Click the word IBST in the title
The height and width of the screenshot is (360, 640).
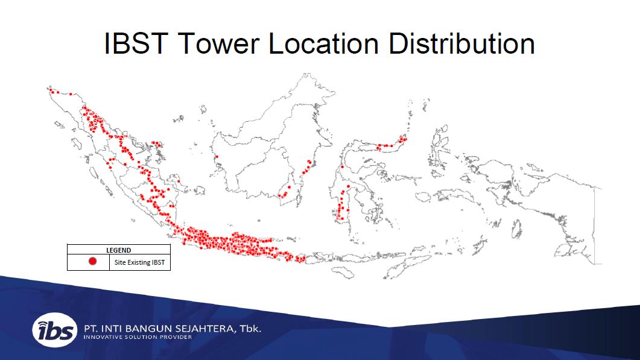point(136,43)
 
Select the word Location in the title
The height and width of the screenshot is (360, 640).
point(323,43)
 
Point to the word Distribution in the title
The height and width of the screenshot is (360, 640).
point(461,43)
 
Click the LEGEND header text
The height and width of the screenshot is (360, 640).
point(119,250)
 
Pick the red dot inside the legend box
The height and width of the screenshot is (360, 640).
point(93,261)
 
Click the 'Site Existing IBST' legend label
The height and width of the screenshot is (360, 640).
point(139,262)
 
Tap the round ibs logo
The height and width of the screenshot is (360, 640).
point(55,330)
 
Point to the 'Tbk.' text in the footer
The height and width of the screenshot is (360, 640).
point(250,329)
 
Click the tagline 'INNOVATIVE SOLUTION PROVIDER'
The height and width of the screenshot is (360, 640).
point(138,337)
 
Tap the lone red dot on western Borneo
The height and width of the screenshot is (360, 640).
point(217,157)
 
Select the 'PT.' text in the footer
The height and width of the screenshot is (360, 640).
point(90,329)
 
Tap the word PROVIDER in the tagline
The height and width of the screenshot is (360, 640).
point(176,337)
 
